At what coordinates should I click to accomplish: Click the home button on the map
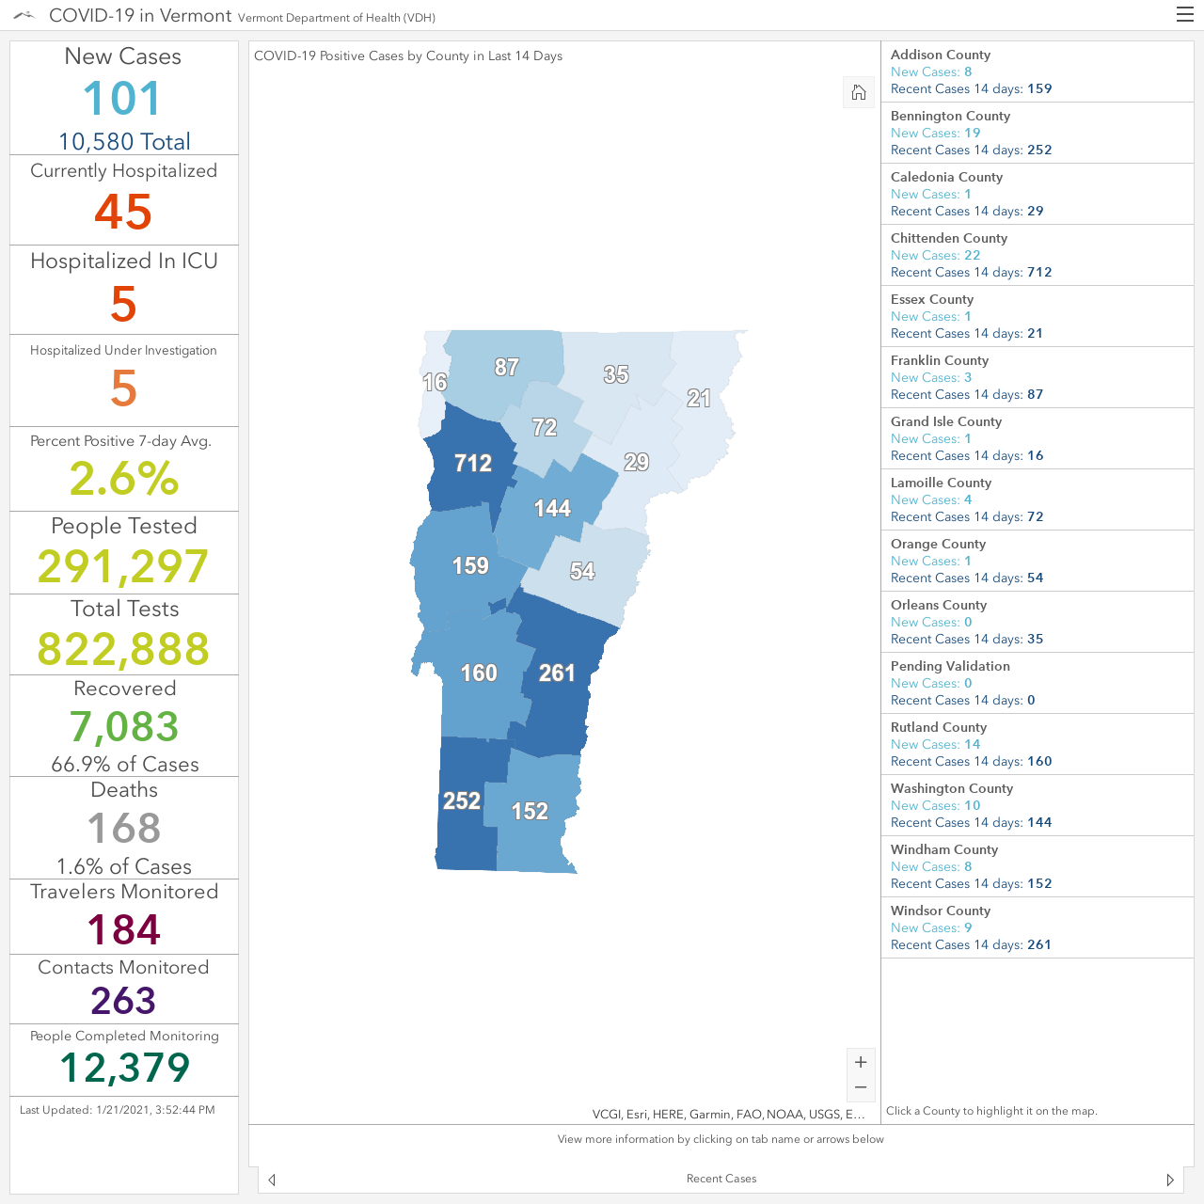pos(859,92)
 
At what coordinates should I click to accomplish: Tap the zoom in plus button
pos(861,1062)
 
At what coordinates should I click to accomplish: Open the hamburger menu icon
pos(1184,15)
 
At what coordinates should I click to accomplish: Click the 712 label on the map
pos(473,463)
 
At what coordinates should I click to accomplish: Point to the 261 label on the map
pos(557,673)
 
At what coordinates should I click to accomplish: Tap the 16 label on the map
pos(435,382)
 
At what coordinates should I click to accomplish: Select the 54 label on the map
pos(582,570)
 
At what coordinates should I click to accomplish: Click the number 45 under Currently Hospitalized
pos(123,212)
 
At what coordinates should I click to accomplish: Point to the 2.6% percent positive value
pos(124,479)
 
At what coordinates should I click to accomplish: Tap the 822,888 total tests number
pos(123,648)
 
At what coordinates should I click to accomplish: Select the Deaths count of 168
pos(124,828)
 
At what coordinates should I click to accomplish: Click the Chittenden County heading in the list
pos(948,238)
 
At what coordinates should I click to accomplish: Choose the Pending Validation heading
pos(950,666)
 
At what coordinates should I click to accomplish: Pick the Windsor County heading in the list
pos(941,911)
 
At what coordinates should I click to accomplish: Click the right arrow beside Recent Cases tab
pos(1170,1180)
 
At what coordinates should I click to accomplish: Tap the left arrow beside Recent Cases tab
pos(272,1180)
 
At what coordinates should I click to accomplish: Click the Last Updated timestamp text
pos(117,1110)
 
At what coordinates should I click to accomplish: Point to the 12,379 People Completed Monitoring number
pos(124,1068)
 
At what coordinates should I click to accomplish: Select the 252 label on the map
pos(462,800)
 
